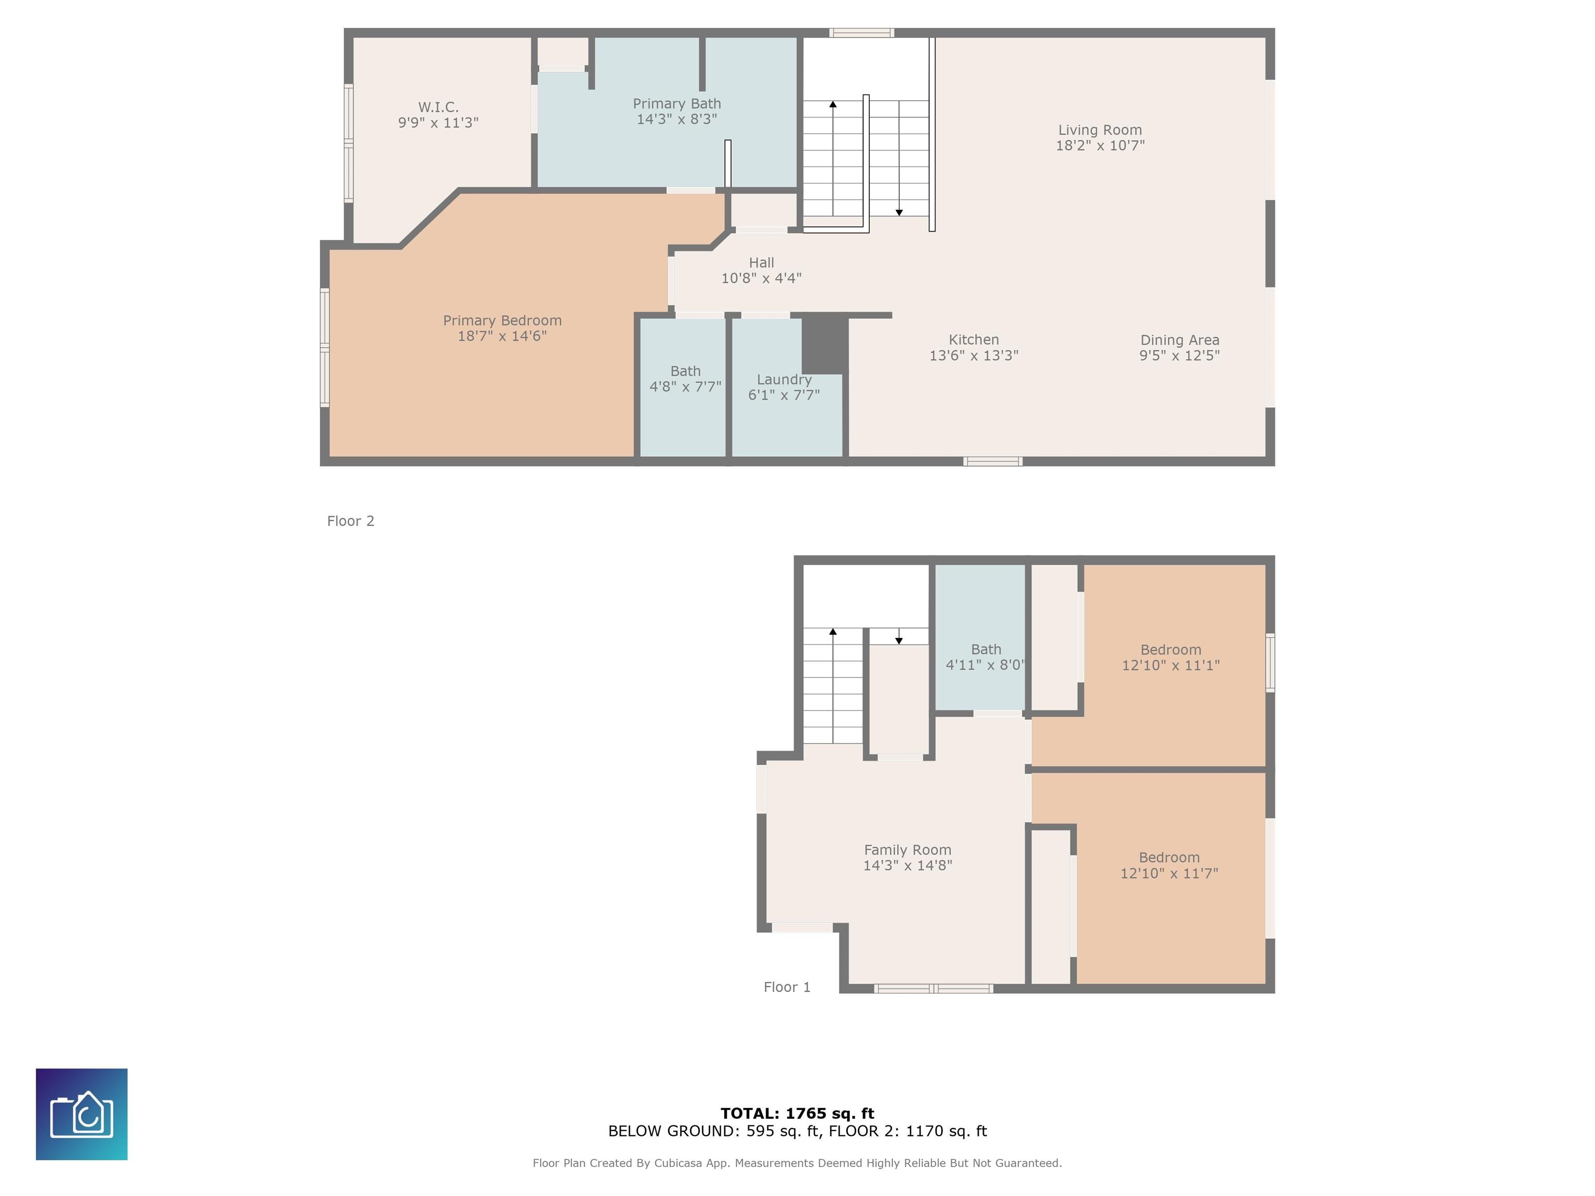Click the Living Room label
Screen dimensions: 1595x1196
(x=1100, y=138)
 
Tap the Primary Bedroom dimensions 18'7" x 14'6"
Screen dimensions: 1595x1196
(x=502, y=336)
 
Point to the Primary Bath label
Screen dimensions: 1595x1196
(x=677, y=111)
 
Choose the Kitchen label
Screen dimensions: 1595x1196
(x=974, y=347)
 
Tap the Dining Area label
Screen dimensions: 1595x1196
(x=1180, y=347)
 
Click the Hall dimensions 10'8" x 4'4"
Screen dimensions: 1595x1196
(x=762, y=278)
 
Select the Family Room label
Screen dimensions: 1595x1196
(x=908, y=857)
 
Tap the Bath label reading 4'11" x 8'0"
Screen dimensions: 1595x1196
(x=985, y=657)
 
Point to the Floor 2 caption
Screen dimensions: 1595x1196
(x=350, y=521)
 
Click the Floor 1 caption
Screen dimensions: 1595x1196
(x=787, y=987)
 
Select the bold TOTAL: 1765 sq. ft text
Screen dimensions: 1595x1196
(x=797, y=1113)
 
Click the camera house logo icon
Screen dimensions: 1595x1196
(x=82, y=1115)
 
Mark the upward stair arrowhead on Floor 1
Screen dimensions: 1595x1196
(x=833, y=632)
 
